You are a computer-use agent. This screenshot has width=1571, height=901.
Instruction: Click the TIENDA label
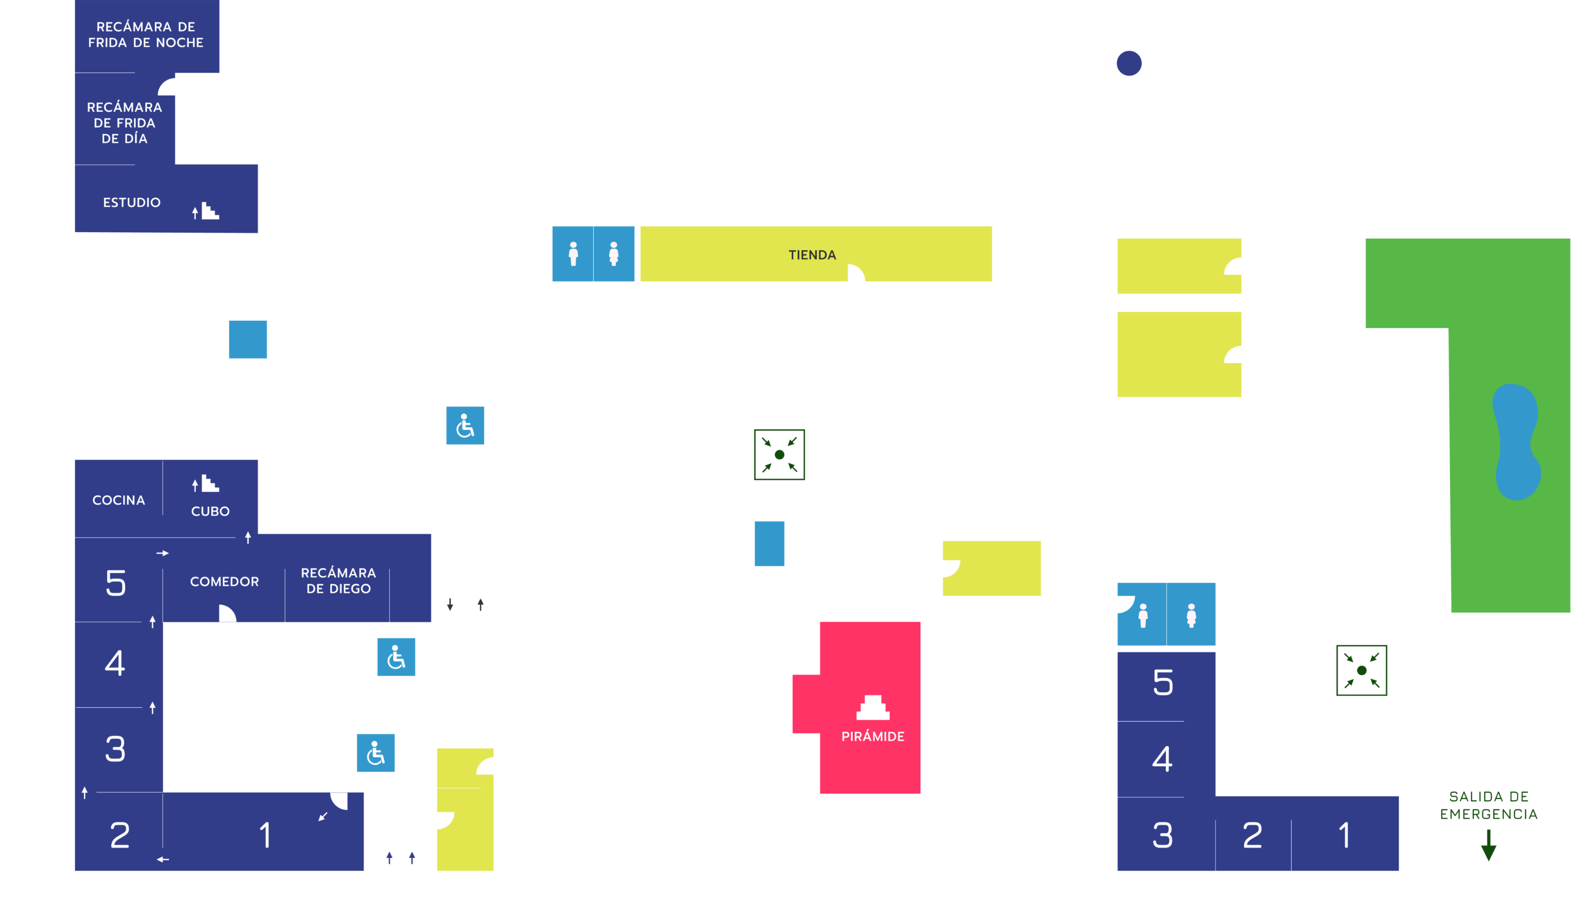[x=812, y=255]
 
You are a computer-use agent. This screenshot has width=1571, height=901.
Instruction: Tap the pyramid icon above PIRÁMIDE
[x=872, y=708]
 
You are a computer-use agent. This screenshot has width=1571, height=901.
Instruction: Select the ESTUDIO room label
[x=131, y=202]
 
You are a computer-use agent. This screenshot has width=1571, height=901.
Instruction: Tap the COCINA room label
[x=118, y=500]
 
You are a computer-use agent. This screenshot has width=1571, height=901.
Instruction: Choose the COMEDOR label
[x=224, y=582]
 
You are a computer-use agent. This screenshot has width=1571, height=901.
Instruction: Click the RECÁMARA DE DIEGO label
[x=338, y=581]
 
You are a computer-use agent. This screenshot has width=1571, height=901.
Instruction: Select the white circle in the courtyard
[x=235, y=707]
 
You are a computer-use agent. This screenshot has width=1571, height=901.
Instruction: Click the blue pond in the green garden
[x=1517, y=442]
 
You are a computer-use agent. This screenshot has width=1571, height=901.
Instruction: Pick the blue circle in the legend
[x=1129, y=63]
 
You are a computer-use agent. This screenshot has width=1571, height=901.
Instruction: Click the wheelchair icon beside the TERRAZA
[x=465, y=426]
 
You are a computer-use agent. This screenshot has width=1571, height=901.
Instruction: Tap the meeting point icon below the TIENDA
[x=779, y=455]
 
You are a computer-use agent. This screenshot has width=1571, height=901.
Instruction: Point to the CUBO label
[x=210, y=511]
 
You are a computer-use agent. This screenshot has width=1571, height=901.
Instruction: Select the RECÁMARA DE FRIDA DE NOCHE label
[x=146, y=35]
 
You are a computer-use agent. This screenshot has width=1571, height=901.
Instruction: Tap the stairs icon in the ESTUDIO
[x=207, y=212]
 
